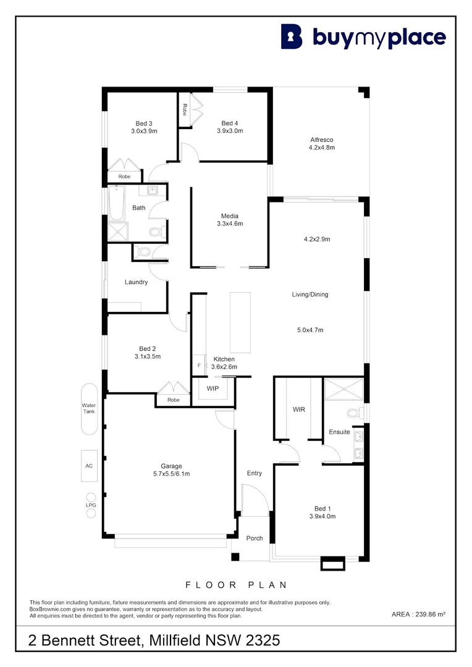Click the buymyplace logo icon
[x=292, y=36]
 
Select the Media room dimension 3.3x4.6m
[x=230, y=224]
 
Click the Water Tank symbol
[x=89, y=409]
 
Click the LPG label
[x=91, y=505]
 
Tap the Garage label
[x=171, y=466]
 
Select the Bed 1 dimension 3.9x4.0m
[x=321, y=516]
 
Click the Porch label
[x=254, y=538]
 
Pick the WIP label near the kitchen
[x=213, y=389]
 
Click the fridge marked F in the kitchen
[x=199, y=366]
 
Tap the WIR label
[x=298, y=409]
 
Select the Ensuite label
[x=339, y=432]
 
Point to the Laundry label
[x=136, y=282]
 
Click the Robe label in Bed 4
[x=184, y=109]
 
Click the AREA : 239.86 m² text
[x=419, y=614]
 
